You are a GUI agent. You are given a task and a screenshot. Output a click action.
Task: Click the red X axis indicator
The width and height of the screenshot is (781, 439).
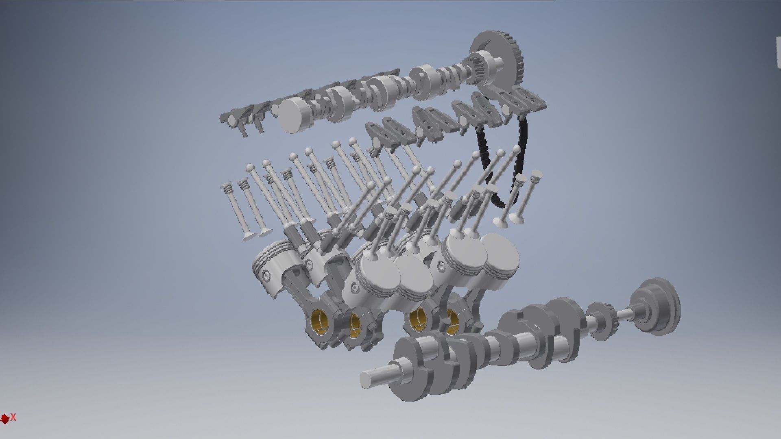(13, 417)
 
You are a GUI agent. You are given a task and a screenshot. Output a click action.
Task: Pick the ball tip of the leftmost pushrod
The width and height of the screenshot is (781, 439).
(249, 167)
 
